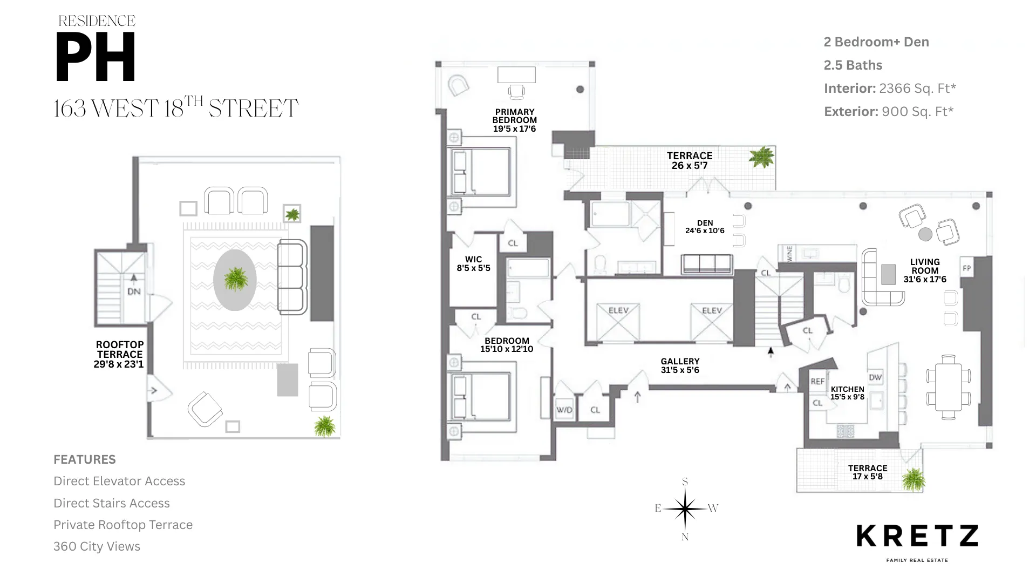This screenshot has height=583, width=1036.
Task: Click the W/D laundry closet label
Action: click(564, 410)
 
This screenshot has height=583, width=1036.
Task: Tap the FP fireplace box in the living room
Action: click(966, 268)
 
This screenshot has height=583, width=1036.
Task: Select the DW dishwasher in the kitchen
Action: click(875, 377)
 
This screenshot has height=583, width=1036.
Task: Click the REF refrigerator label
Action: click(817, 381)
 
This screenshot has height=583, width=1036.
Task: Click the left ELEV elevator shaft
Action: click(618, 322)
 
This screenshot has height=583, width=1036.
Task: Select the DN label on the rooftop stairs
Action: click(133, 291)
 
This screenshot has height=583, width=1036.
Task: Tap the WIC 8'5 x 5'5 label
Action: click(473, 263)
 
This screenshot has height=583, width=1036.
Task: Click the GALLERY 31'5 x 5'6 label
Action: click(680, 365)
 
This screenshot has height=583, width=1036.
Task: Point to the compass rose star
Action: click(685, 509)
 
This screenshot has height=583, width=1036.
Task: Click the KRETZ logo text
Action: click(917, 537)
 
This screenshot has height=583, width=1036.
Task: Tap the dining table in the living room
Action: click(948, 386)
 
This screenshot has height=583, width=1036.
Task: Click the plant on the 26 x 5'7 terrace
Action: click(761, 157)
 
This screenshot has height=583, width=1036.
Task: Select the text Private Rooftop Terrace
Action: click(123, 525)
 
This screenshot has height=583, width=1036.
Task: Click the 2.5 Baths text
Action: click(853, 65)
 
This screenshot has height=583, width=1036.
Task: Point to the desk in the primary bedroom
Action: click(516, 75)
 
